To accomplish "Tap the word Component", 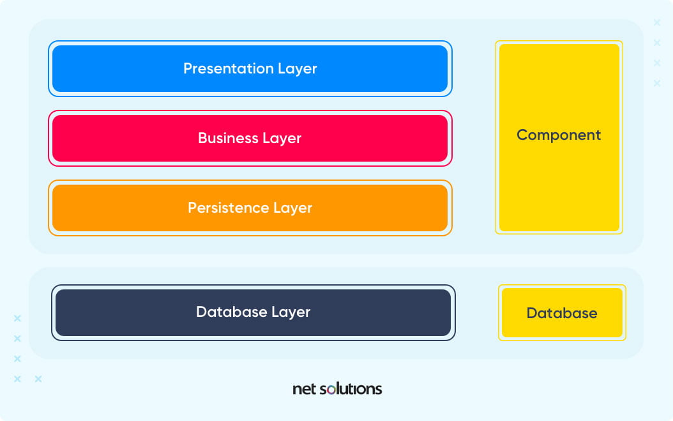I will tap(559, 135).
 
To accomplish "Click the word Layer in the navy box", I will tap(291, 312).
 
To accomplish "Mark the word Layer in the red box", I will tap(282, 139).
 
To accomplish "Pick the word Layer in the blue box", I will tap(298, 69).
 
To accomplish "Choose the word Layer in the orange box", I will tap(292, 208).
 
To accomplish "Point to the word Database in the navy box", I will tap(232, 312).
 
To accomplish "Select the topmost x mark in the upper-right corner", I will tap(657, 23).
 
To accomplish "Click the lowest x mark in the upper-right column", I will tap(657, 83).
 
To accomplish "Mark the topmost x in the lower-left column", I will tap(17, 318).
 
